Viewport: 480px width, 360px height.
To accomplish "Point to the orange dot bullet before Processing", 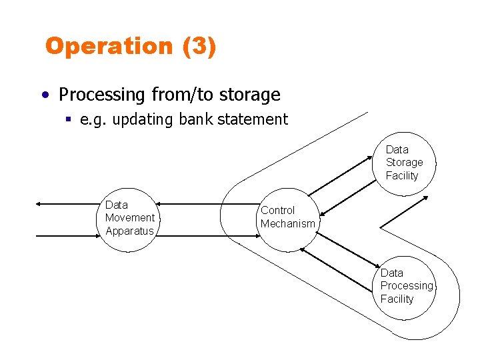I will [43, 95].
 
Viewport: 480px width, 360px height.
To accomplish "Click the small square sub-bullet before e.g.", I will [69, 119].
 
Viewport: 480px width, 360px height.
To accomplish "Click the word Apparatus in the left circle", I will [129, 231].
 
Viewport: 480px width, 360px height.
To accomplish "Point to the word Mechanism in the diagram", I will [287, 224].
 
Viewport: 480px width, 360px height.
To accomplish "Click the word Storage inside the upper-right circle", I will [404, 163].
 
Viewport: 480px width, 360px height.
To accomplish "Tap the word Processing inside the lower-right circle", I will [406, 286].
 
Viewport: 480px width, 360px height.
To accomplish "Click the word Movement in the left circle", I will [129, 218].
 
